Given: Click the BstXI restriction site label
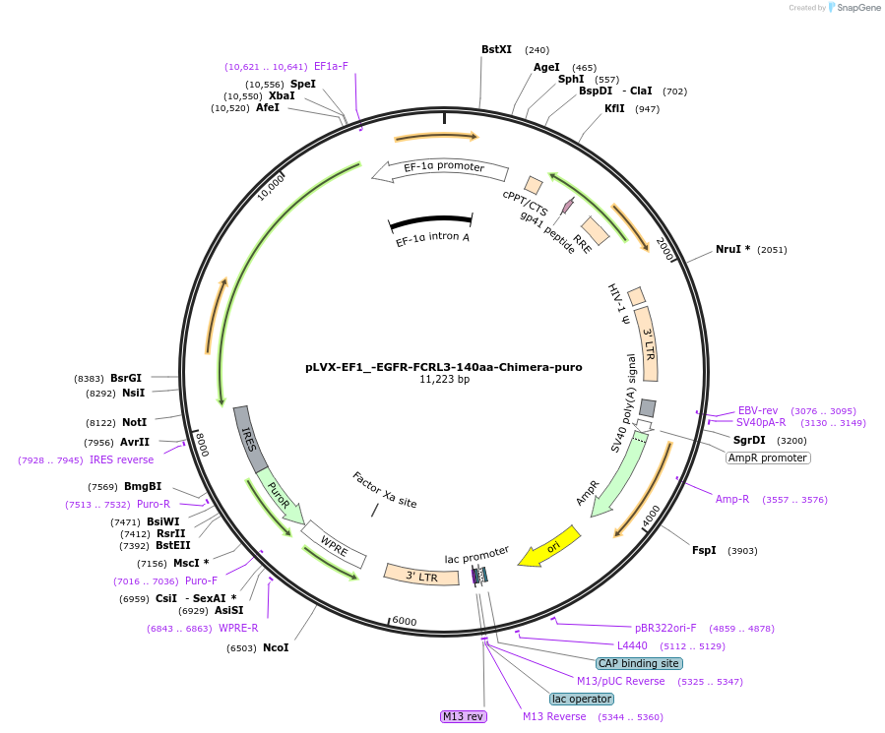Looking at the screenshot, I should [x=496, y=49].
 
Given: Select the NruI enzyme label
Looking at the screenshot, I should [x=732, y=249].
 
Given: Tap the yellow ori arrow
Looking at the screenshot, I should [x=549, y=547].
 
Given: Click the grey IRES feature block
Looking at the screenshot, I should [x=251, y=437].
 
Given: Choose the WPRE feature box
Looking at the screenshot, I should [x=335, y=546].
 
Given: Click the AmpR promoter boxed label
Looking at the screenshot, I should [x=768, y=458].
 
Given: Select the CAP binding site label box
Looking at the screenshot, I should [x=638, y=663].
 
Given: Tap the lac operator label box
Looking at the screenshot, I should [x=582, y=699].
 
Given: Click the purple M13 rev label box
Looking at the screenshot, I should [x=463, y=716].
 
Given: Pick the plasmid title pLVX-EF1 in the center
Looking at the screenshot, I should [x=443, y=367].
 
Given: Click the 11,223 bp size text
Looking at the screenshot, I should [x=444, y=380].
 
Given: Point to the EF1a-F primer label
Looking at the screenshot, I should [x=331, y=67].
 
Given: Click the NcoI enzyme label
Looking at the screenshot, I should [x=276, y=647].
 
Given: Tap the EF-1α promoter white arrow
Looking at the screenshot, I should [x=431, y=169].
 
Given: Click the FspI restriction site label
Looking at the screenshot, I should [x=704, y=550].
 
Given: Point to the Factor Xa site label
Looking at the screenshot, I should [x=384, y=490].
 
